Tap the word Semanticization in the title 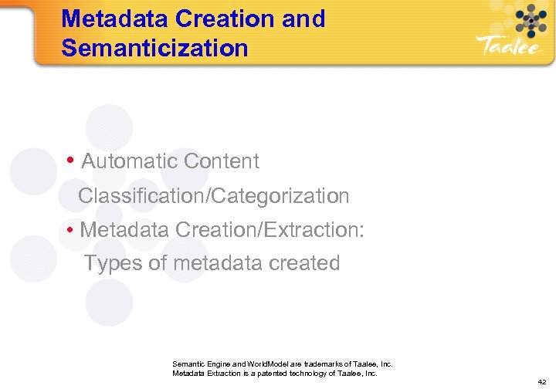154,48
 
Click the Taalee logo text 510,46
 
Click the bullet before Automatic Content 70,161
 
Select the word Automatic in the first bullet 129,161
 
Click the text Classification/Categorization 214,196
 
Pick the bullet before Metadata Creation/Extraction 70,230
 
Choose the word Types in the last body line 114,263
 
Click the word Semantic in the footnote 188,364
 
